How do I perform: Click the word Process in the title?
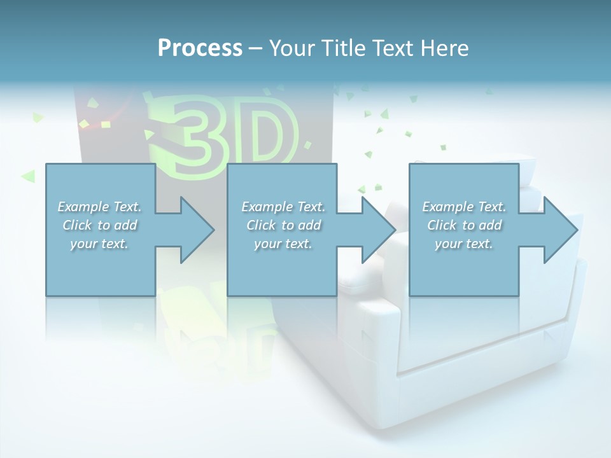(x=200, y=48)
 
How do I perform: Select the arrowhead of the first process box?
(x=193, y=230)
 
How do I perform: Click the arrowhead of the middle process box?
(x=376, y=230)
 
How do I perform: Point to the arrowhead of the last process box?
(x=558, y=230)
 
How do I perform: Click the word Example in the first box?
(x=83, y=207)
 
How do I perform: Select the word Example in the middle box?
(x=267, y=207)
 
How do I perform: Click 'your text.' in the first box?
(x=99, y=244)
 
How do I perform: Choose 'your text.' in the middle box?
(x=283, y=244)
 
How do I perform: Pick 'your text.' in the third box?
(x=464, y=244)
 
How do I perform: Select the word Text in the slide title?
(x=389, y=48)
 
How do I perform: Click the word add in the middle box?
(x=309, y=225)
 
